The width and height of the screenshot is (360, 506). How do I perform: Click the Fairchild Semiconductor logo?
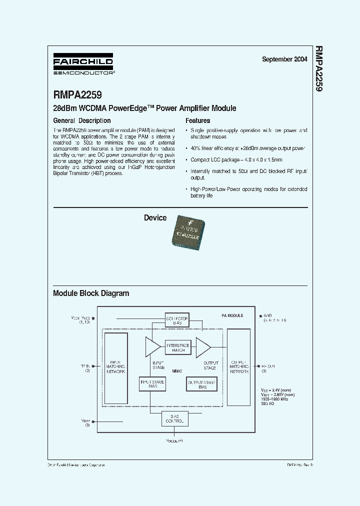(x=83, y=64)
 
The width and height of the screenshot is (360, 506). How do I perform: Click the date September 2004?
(x=284, y=59)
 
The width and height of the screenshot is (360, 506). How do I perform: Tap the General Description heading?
(x=82, y=120)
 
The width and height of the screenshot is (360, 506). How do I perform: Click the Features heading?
(x=198, y=120)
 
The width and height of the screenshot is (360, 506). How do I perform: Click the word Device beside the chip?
(x=155, y=218)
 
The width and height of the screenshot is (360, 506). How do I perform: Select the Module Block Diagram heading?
(x=91, y=293)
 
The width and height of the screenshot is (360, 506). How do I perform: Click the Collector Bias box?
(x=177, y=320)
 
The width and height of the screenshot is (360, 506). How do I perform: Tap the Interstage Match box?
(x=177, y=347)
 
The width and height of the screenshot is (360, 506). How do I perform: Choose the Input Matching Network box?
(x=115, y=367)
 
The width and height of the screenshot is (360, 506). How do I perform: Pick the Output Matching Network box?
(x=239, y=367)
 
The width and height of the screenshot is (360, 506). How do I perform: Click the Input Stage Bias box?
(x=152, y=384)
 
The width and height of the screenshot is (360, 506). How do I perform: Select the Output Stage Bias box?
(x=202, y=384)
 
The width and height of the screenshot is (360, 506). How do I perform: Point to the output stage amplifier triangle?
(x=203, y=346)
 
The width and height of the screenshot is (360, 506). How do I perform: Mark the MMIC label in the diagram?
(x=177, y=371)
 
